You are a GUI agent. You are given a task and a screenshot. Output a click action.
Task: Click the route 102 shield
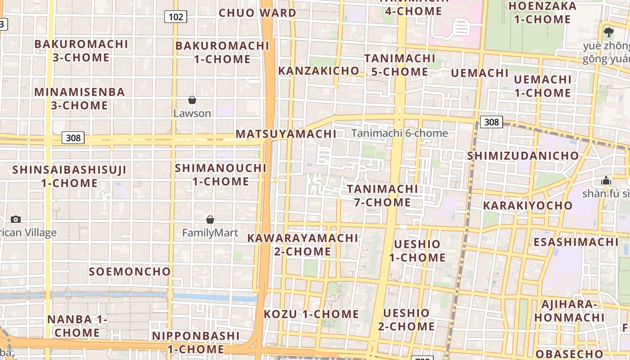(x=175, y=17)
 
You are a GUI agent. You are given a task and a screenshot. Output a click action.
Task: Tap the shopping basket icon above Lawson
(x=192, y=100)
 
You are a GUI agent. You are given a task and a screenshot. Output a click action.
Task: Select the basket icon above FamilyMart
(x=210, y=220)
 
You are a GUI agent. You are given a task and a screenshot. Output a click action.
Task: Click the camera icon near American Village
(x=16, y=219)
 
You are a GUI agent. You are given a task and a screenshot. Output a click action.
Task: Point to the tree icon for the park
(x=609, y=32)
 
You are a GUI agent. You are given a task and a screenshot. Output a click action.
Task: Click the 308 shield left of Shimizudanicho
(x=491, y=122)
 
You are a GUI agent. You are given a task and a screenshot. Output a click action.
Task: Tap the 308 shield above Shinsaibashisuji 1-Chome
(x=73, y=138)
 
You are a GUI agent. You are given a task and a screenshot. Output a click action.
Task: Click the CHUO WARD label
(x=257, y=13)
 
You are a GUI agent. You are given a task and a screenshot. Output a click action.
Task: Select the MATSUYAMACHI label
(x=286, y=134)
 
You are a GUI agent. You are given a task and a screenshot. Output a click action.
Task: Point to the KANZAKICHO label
(x=319, y=71)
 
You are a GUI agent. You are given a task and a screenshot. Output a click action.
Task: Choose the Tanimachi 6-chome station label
(x=400, y=133)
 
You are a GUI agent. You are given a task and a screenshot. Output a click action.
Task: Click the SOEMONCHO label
(x=130, y=271)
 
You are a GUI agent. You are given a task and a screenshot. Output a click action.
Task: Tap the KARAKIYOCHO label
(x=528, y=206)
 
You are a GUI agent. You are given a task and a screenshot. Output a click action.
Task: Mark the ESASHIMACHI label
(x=576, y=242)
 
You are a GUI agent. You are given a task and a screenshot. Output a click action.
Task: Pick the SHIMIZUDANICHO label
(x=523, y=156)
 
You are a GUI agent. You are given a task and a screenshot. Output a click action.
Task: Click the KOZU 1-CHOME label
(x=311, y=314)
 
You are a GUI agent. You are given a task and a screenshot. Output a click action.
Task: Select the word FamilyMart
(x=210, y=233)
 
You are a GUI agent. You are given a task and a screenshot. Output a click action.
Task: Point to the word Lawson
(x=192, y=113)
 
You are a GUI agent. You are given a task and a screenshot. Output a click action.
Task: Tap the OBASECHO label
(x=569, y=353)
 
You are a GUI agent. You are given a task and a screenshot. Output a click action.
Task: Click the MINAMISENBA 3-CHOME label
(x=80, y=99)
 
